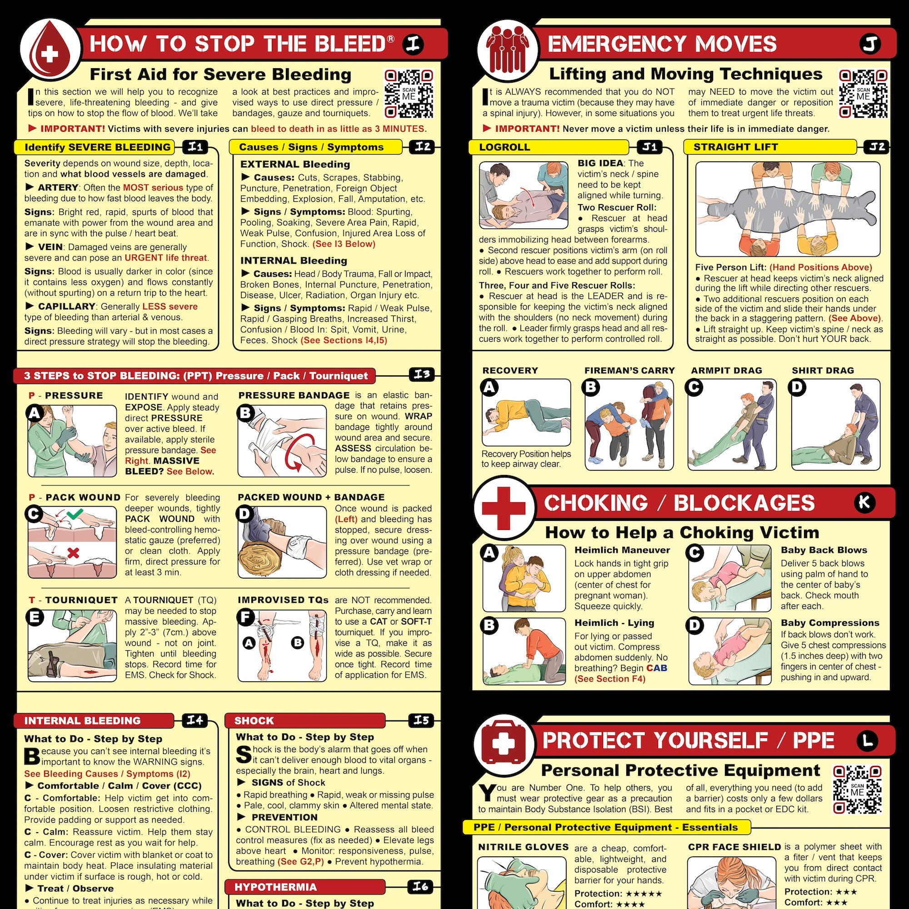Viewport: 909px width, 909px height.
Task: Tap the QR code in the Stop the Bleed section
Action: (409, 94)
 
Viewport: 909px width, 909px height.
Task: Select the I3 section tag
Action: (422, 375)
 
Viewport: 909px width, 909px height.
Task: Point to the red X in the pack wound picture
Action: (73, 552)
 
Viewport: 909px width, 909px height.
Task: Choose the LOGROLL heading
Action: (504, 147)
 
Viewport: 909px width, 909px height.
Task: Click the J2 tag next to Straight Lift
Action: (877, 147)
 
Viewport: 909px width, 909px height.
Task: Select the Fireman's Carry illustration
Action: (629, 425)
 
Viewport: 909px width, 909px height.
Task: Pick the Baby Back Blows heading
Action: (824, 550)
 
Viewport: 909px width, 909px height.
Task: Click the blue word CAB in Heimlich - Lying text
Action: (656, 668)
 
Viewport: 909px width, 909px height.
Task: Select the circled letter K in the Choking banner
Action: (864, 502)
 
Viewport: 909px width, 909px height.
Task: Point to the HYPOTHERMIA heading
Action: (275, 887)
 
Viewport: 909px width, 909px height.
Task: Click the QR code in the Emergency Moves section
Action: (864, 94)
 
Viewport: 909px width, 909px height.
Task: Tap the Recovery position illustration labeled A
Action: (526, 413)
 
